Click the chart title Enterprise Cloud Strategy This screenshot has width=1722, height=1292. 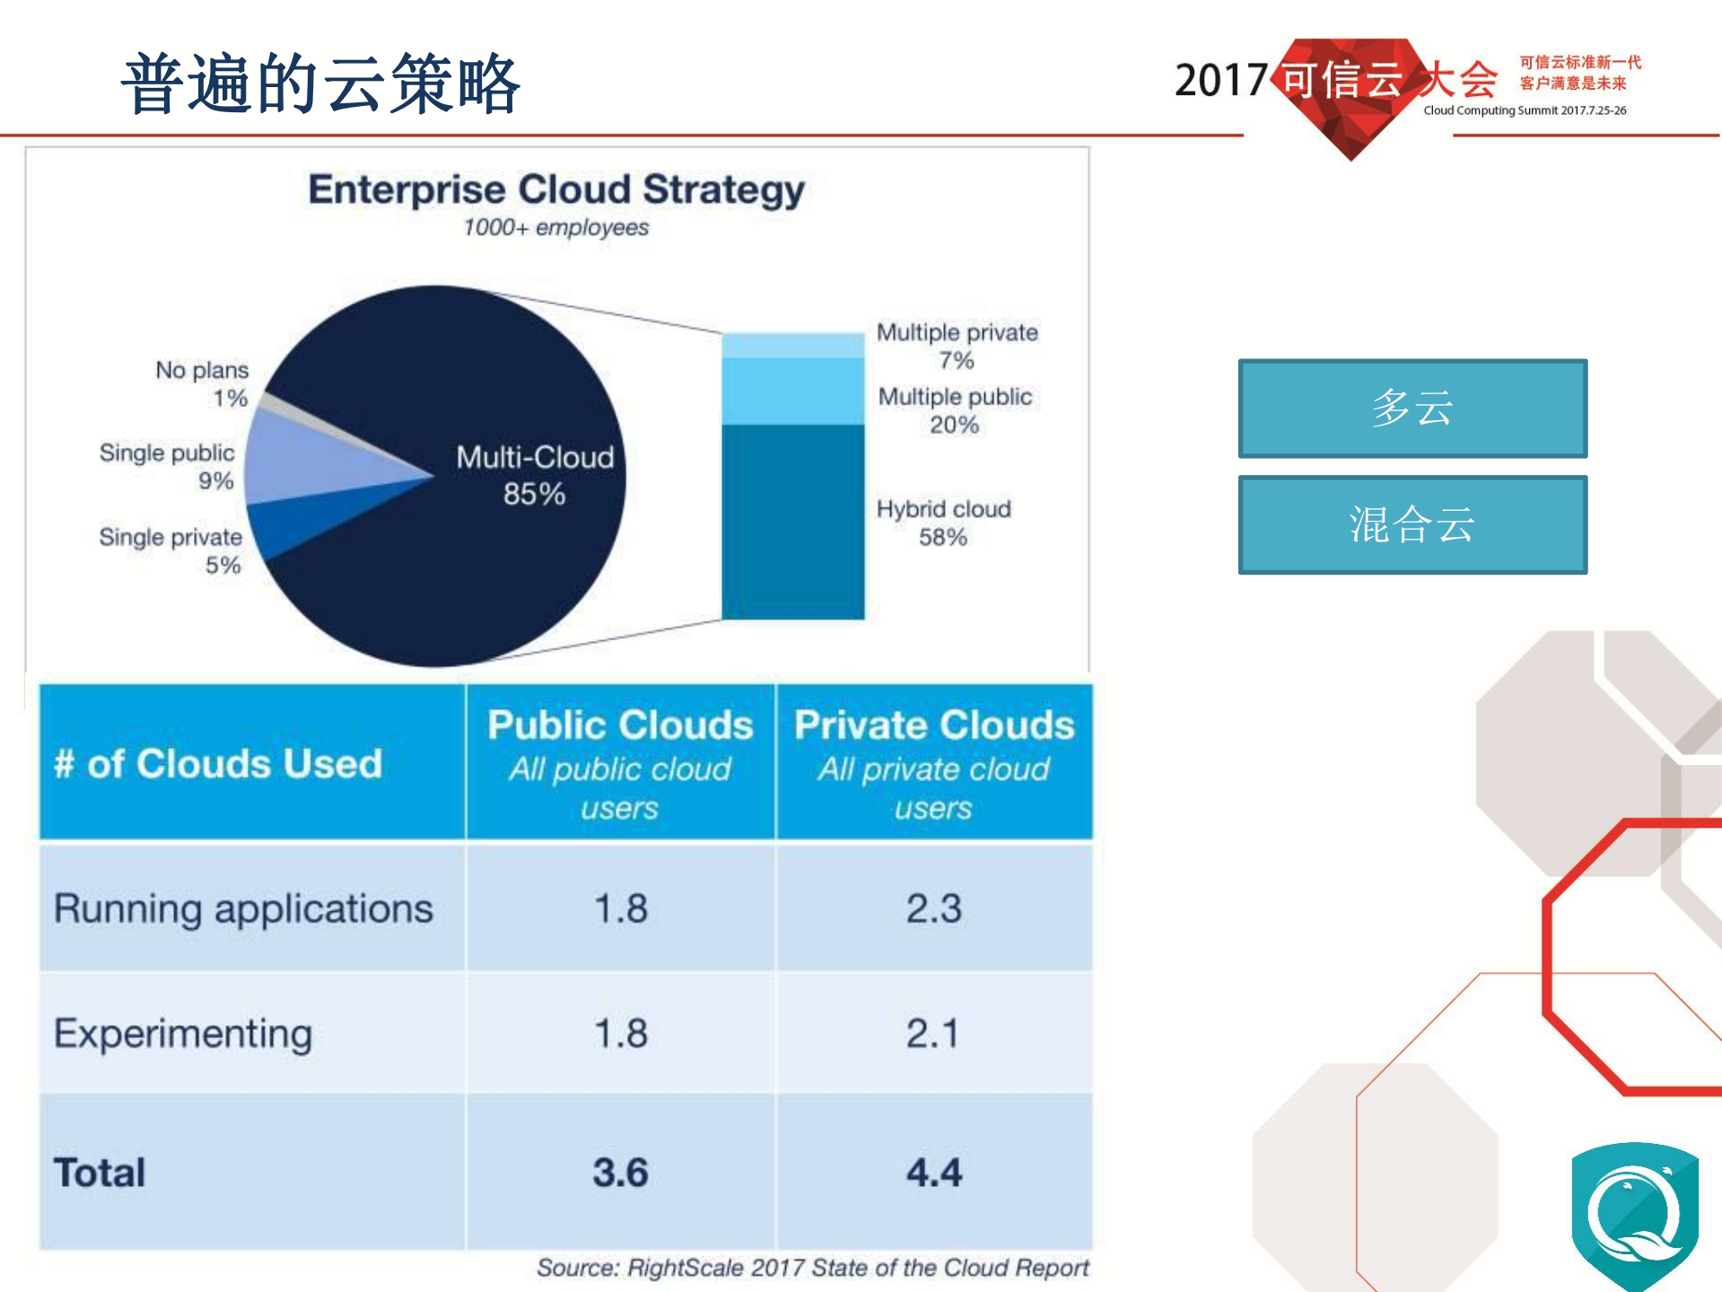(555, 189)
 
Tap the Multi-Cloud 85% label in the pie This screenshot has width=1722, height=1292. (535, 475)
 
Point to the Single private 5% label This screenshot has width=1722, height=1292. (170, 550)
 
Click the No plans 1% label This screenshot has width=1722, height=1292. (202, 383)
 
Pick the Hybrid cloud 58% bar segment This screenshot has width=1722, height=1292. (792, 522)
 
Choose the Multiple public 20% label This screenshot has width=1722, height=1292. (955, 410)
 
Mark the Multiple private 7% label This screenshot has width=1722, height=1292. (957, 346)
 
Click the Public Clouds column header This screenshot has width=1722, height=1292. (620, 763)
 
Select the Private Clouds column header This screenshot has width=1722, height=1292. (934, 763)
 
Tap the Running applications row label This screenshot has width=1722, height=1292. (243, 909)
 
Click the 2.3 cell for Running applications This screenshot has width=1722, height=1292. (933, 909)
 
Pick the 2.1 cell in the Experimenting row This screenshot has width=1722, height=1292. (933, 1033)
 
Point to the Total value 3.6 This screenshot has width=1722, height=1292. (620, 1173)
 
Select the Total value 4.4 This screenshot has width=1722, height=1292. (933, 1173)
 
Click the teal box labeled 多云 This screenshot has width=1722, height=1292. (1412, 409)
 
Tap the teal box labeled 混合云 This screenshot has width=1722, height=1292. (1412, 524)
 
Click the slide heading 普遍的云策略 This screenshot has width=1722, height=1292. (321, 83)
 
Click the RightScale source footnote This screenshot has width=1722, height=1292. (812, 1268)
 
